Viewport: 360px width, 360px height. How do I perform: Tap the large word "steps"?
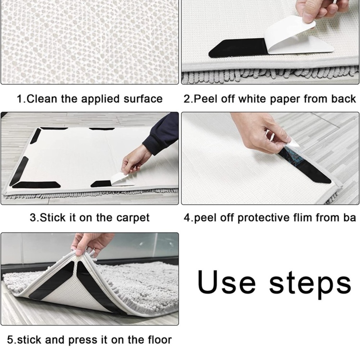pyautogui.click(x=310, y=285)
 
